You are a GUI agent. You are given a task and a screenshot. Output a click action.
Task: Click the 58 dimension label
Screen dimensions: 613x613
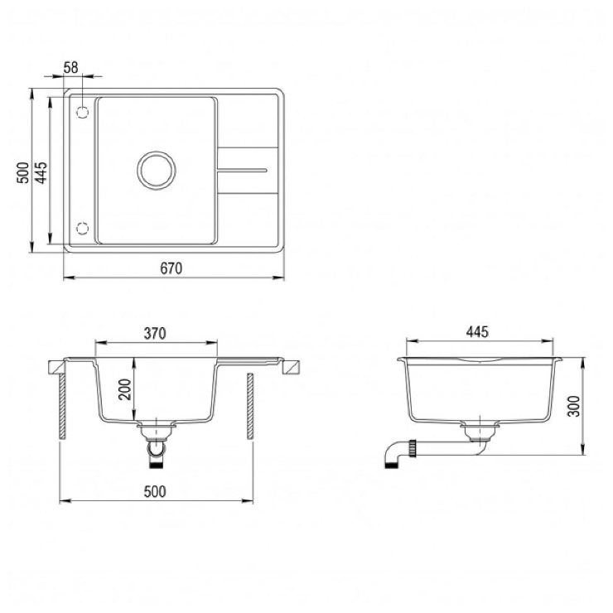pyautogui.click(x=70, y=68)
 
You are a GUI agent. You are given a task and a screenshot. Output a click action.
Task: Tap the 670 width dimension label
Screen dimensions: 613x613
pyautogui.click(x=171, y=268)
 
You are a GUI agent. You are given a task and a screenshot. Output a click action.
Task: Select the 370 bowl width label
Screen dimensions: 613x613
pyautogui.click(x=155, y=334)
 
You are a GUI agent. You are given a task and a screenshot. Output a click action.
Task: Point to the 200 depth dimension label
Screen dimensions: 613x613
pyautogui.click(x=125, y=389)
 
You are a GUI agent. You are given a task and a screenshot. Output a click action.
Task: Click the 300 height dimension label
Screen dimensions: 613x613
pyautogui.click(x=574, y=406)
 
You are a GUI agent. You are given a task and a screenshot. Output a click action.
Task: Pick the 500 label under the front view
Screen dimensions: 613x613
pyautogui.click(x=155, y=491)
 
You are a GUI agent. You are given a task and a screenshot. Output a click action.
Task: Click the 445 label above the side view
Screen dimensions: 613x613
pyautogui.click(x=477, y=332)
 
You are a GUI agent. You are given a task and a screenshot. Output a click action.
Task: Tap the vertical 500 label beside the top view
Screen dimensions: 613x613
pyautogui.click(x=23, y=172)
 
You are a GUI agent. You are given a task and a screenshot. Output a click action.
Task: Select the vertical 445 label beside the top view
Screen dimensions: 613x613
pyautogui.click(x=41, y=172)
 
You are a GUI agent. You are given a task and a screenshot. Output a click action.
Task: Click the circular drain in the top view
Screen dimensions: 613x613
pyautogui.click(x=157, y=170)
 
